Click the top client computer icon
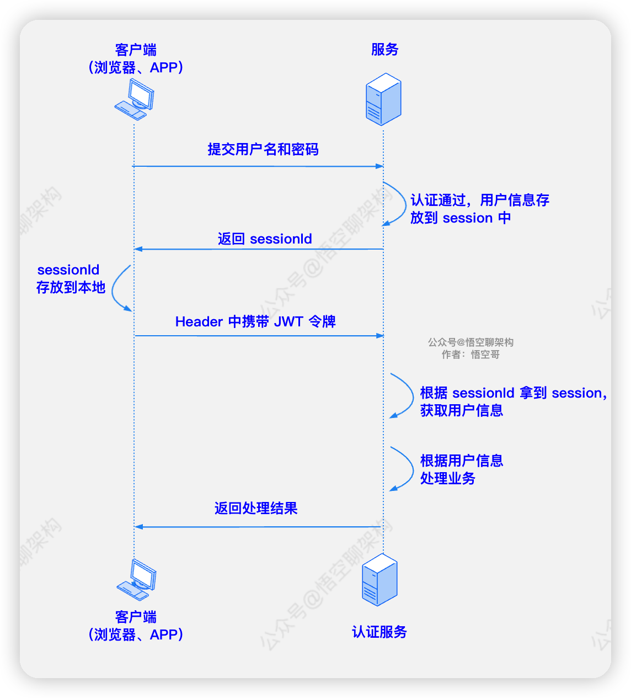[x=134, y=99]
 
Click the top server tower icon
[x=383, y=100]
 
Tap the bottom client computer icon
[x=136, y=580]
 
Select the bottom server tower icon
[x=379, y=580]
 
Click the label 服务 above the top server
[x=384, y=50]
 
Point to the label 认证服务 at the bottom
[x=379, y=632]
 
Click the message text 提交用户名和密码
[x=263, y=150]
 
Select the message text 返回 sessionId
[x=265, y=239]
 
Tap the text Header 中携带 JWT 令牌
[x=255, y=322]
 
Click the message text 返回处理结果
[x=256, y=509]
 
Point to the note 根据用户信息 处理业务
[x=461, y=469]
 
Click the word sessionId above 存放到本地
[x=68, y=270]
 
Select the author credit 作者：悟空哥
[x=470, y=355]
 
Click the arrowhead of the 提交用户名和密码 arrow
[x=379, y=166]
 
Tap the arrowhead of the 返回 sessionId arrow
[x=138, y=249]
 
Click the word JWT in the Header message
[x=288, y=322]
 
